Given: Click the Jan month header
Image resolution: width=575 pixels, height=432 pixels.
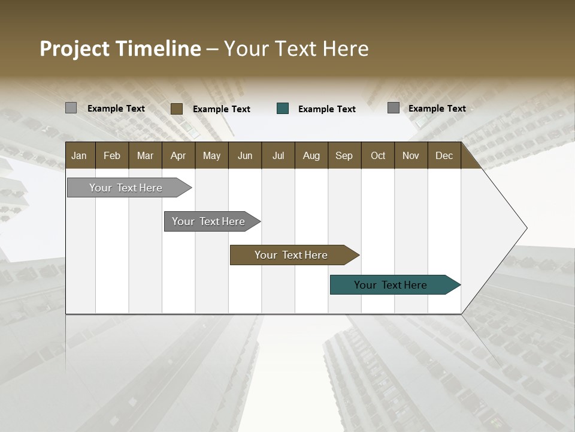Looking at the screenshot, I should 79,155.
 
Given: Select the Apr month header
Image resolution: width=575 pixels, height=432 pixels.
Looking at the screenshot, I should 178,155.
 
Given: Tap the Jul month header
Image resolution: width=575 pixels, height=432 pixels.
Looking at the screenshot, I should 278,155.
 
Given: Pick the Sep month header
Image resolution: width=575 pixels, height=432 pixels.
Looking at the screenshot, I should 344,155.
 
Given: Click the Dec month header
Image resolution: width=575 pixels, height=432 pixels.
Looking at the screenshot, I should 444,155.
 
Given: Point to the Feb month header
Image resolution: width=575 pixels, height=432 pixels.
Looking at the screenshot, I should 112,155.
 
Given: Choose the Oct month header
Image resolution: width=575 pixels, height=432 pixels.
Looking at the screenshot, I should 378,155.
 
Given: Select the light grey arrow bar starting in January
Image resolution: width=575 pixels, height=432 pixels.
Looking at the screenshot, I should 126,188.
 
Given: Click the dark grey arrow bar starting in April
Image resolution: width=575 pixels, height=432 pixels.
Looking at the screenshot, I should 208,221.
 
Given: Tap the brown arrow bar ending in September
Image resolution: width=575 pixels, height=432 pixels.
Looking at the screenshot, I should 291,255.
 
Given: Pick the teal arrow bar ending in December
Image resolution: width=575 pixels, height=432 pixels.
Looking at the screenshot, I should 391,285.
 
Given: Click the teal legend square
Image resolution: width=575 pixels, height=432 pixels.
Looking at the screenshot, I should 283,109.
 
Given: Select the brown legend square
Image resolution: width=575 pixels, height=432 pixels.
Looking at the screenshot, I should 177,109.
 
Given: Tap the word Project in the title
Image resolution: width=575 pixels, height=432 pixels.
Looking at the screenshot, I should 75,49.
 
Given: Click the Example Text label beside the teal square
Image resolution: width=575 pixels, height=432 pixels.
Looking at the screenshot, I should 327,109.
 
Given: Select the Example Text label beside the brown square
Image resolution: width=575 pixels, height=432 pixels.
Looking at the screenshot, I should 222,109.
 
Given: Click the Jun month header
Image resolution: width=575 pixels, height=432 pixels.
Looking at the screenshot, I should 245,155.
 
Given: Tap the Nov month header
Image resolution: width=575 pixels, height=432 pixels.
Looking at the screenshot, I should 410,155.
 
